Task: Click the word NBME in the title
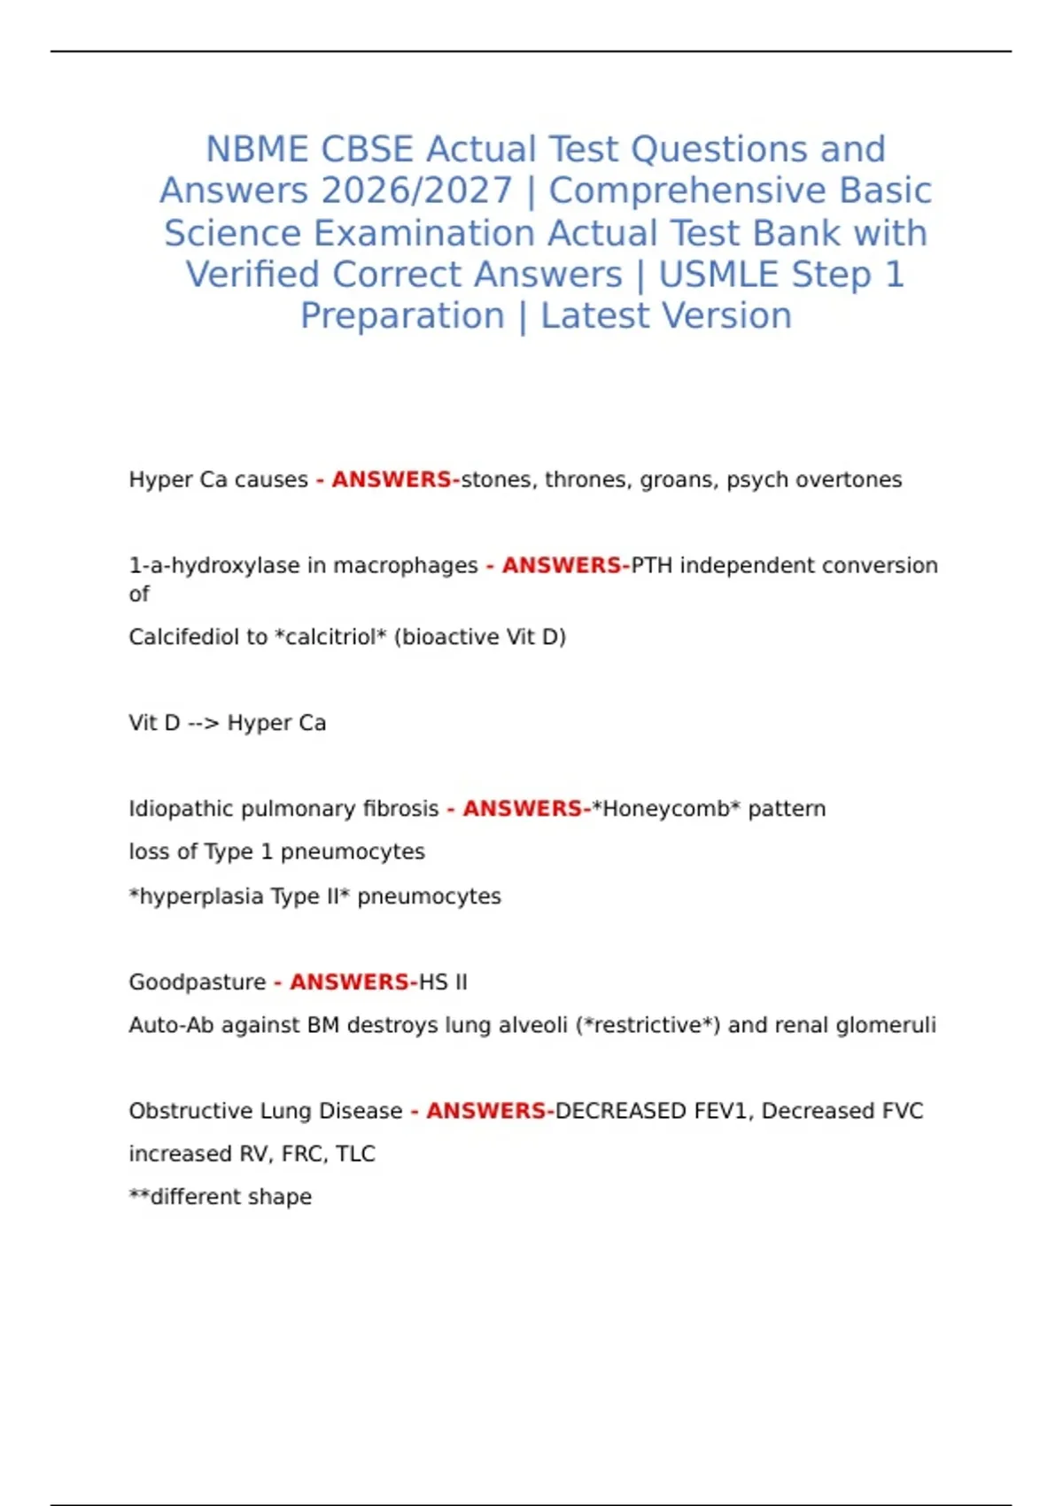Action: tap(258, 149)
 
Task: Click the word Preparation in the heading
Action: tap(402, 316)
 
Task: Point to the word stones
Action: tap(496, 479)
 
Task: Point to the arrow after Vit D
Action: tap(204, 723)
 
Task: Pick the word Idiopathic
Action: tap(181, 809)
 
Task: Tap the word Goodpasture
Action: tap(197, 982)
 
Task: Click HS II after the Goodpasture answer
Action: tap(443, 982)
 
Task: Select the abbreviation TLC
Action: tap(355, 1153)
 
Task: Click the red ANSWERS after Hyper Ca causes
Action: tap(392, 479)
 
